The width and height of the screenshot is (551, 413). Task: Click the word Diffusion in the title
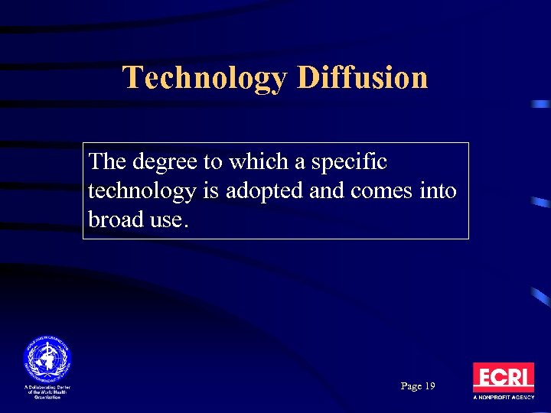click(x=362, y=78)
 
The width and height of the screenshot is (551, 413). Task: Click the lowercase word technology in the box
click(x=142, y=191)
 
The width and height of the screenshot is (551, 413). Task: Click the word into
click(x=440, y=190)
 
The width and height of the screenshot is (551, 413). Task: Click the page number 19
click(x=429, y=386)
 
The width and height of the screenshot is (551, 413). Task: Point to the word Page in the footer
click(x=410, y=387)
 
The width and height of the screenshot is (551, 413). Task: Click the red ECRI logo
click(x=503, y=377)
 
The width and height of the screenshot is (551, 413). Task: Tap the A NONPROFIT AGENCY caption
click(x=503, y=398)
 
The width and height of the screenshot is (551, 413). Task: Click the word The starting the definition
click(x=105, y=162)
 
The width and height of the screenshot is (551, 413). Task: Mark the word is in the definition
click(x=208, y=191)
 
